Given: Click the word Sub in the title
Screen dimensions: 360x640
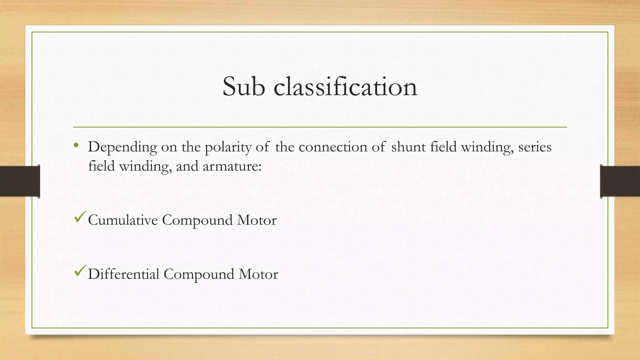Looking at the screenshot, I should click(x=244, y=87).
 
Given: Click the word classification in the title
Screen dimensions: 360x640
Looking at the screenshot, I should click(x=345, y=87).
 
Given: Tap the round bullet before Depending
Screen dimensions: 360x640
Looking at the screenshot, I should click(x=76, y=145).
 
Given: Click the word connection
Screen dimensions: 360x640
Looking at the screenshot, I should click(x=333, y=147).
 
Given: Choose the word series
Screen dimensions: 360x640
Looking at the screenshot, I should click(x=535, y=147).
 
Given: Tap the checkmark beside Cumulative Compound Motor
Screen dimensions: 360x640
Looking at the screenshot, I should click(x=80, y=217).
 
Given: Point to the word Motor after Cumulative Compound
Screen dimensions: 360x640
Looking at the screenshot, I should click(x=257, y=220).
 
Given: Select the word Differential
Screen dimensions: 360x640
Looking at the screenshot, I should click(x=124, y=274).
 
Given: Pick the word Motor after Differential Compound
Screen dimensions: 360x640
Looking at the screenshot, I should click(x=258, y=274).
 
